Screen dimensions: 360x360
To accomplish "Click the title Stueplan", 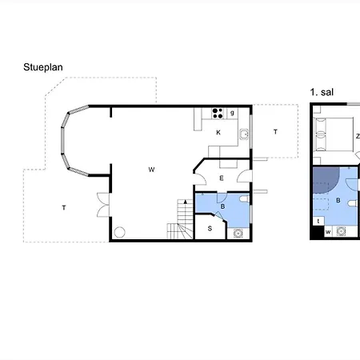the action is click(x=43, y=67).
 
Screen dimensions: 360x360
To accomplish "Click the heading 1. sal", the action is click(x=322, y=92).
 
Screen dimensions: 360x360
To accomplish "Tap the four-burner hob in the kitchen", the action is click(x=218, y=114).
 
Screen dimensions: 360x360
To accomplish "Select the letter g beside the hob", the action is click(x=232, y=113).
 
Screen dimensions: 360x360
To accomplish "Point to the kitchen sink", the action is click(x=244, y=134).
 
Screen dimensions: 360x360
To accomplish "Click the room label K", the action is click(x=218, y=132).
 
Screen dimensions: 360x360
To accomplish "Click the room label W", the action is click(x=151, y=170).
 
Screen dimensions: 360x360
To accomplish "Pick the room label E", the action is click(x=222, y=178).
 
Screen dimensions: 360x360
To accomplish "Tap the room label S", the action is click(x=210, y=229).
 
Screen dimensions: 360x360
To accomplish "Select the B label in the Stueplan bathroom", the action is click(x=222, y=206).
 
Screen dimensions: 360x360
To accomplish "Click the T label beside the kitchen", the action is click(x=275, y=132).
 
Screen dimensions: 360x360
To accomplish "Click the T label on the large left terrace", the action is click(x=64, y=207).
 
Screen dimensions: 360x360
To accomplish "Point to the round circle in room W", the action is click(x=119, y=232).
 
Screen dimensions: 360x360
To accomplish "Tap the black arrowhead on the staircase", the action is click(x=186, y=202).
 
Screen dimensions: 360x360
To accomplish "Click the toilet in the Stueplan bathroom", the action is click(x=244, y=199).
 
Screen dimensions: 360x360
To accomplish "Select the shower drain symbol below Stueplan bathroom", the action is click(x=238, y=234).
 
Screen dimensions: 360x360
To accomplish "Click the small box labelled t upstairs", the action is click(x=318, y=221).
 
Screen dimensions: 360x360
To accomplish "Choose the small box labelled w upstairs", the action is click(x=328, y=231).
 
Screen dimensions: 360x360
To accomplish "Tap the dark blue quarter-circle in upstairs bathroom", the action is click(x=325, y=179).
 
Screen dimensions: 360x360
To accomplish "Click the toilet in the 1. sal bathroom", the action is click(x=353, y=203).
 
